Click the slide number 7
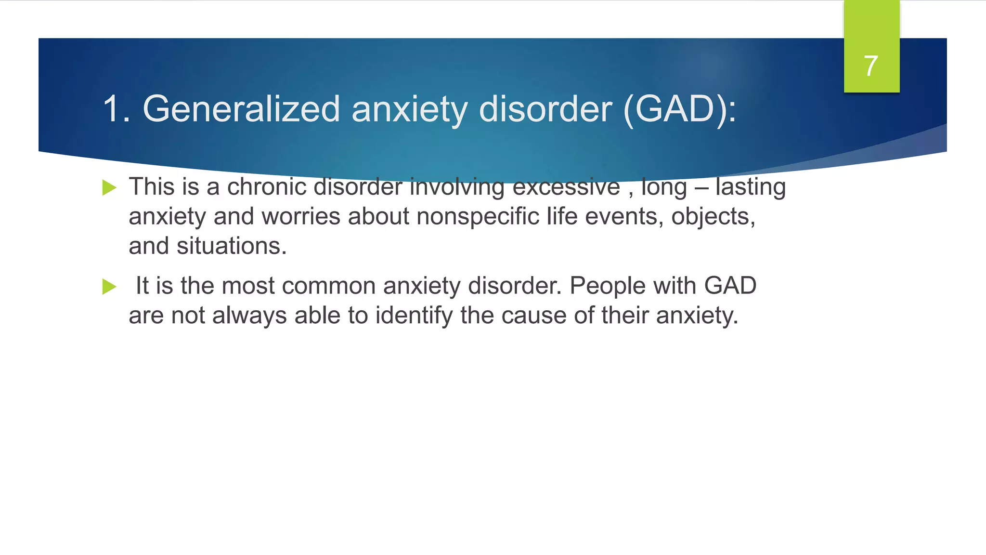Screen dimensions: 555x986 coord(871,66)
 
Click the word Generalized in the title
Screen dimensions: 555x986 coord(241,109)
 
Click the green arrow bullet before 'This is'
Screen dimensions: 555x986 coord(109,187)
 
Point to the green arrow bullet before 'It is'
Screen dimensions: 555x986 coord(109,287)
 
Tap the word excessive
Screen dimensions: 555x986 coord(566,187)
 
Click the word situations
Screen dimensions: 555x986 coord(232,246)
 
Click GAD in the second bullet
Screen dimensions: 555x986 coord(730,286)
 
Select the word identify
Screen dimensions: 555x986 coord(414,316)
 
